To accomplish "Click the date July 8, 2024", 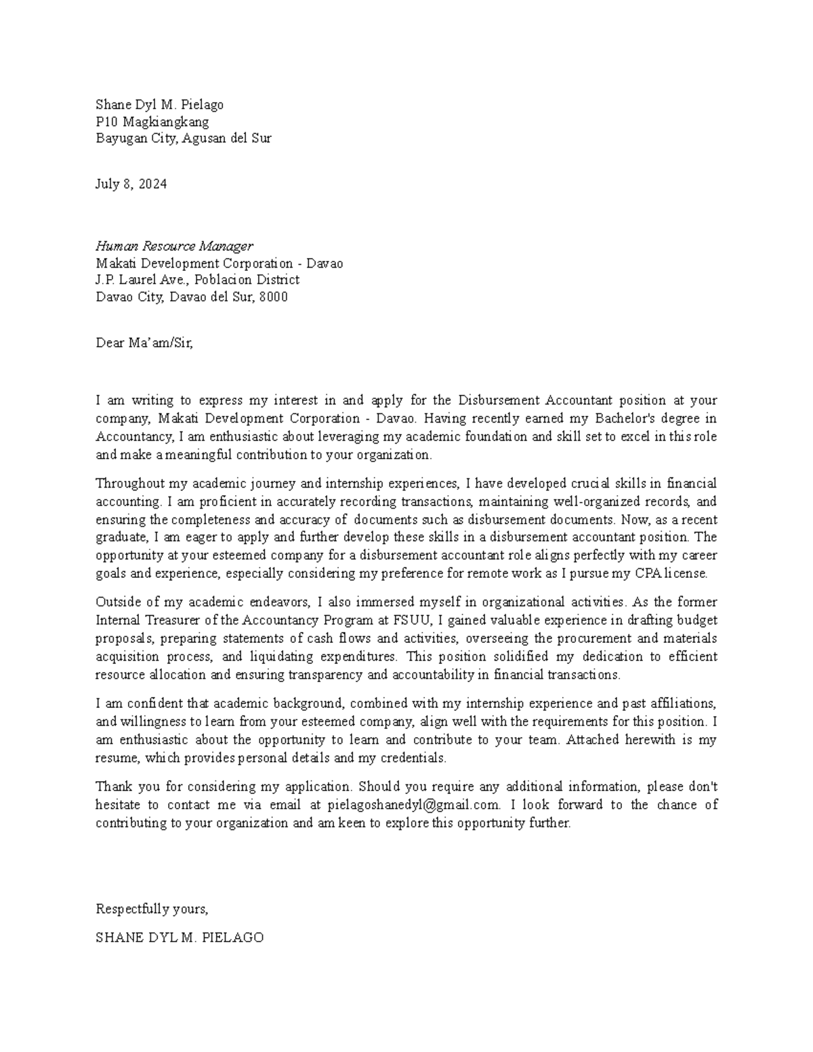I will [131, 184].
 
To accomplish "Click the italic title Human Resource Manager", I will [174, 246].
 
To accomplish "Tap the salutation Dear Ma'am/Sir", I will [144, 343].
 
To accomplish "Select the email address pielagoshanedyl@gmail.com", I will [413, 805].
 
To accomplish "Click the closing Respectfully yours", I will [152, 908].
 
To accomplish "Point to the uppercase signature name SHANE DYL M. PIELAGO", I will [180, 938].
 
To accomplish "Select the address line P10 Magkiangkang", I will [152, 122].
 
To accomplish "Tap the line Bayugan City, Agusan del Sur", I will [183, 139].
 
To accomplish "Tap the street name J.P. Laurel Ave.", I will [141, 280].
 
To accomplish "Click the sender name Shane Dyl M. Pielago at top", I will [159, 105].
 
